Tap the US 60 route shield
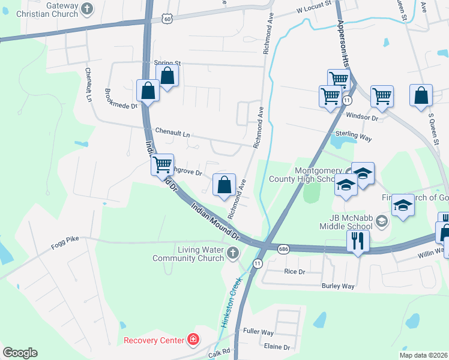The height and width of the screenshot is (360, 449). point(167,19)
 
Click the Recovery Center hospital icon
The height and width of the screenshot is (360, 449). point(193,341)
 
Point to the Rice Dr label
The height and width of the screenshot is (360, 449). point(294,271)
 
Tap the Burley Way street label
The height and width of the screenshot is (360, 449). point(338,286)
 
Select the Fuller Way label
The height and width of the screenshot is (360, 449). point(258,332)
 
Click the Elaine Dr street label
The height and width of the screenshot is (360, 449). point(277,347)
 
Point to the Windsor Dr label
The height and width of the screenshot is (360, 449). point(362,118)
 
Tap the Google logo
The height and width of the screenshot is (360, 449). point(20,353)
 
